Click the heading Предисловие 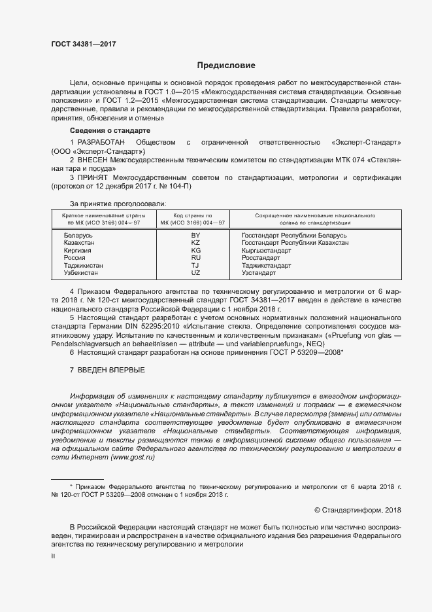pos(227,65)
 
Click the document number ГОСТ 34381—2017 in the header pos(84,44)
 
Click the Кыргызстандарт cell pos(267,250)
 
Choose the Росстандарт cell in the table pos(261,258)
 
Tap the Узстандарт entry pos(259,272)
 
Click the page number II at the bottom pos(54,556)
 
